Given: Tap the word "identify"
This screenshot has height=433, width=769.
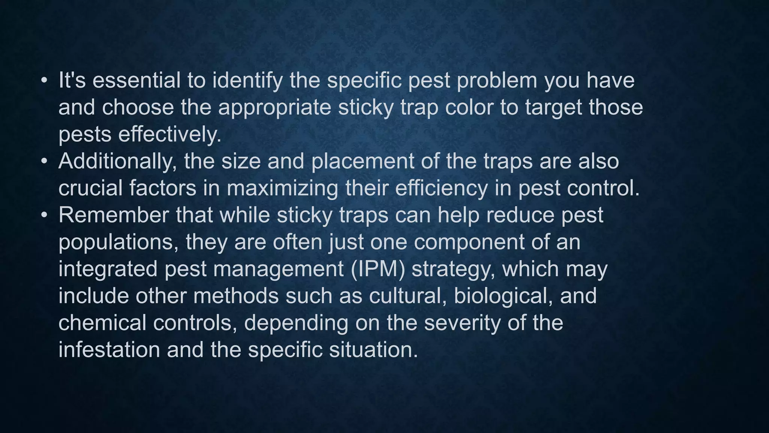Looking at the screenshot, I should (247, 81).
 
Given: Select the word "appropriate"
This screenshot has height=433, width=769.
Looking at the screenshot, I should (274, 108).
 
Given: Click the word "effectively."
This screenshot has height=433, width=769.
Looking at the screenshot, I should (170, 135).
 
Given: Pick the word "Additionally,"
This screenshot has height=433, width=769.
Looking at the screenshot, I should (118, 162).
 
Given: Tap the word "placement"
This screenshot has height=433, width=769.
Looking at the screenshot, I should (362, 162).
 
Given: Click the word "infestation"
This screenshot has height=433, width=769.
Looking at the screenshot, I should (109, 350).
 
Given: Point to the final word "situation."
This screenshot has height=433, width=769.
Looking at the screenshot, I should (374, 350).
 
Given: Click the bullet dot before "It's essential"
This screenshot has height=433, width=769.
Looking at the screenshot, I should (44, 81).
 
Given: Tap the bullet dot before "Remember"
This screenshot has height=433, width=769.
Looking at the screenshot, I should (44, 216).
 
